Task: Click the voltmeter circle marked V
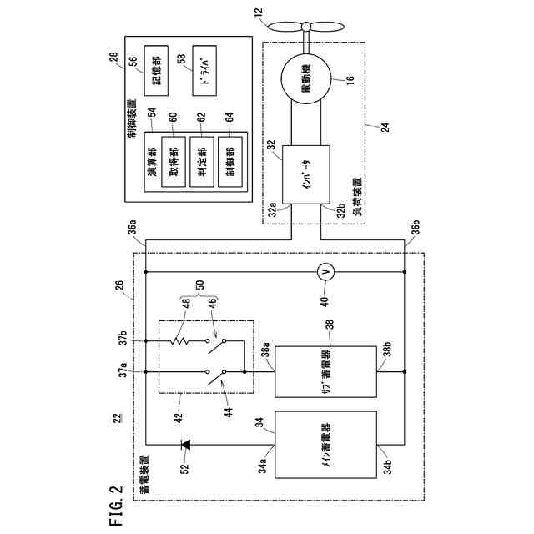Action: (328, 272)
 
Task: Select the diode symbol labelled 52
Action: (184, 445)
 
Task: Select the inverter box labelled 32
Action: (305, 174)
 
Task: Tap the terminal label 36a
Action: (132, 228)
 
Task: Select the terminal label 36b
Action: (416, 228)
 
